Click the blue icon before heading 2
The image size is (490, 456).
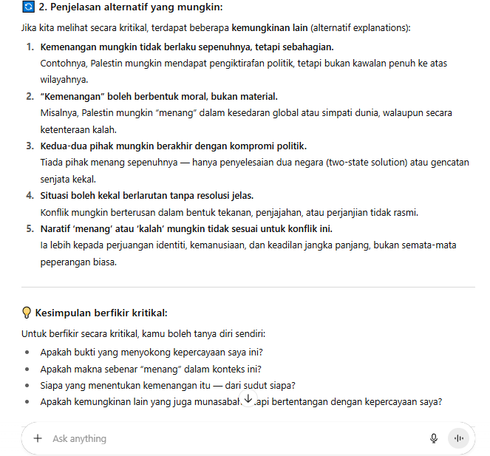[x=29, y=7]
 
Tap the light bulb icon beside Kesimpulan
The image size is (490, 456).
[x=27, y=313]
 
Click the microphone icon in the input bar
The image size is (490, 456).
[x=434, y=438]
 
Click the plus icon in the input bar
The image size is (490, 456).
[x=38, y=438]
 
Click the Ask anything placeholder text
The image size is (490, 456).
[x=79, y=439]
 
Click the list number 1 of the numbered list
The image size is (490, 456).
[x=30, y=47]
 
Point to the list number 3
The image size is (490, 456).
[x=30, y=146]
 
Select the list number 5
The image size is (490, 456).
[x=30, y=229]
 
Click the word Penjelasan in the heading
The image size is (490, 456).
[x=78, y=7]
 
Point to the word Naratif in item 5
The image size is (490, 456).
[x=59, y=229]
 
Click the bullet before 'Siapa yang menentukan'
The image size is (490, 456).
[x=28, y=386]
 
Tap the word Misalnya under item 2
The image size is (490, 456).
[x=60, y=113]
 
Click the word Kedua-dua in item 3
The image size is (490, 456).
[x=64, y=146]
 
